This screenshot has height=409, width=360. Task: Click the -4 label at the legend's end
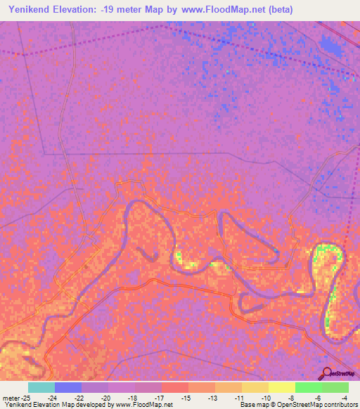point(345,397)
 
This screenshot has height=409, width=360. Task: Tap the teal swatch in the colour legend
point(41,387)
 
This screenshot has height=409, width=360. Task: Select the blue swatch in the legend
point(68,387)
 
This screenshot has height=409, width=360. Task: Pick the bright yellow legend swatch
point(282,387)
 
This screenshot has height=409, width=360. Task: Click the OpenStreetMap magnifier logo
point(327,374)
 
